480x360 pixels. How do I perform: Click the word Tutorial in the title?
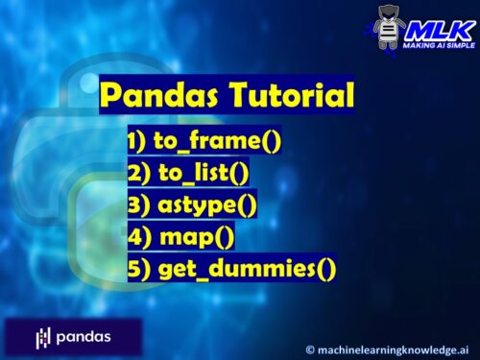coord(293,96)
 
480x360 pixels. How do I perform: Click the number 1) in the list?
coord(137,144)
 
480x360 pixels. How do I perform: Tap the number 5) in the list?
coord(137,267)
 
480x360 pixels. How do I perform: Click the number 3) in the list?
coord(137,205)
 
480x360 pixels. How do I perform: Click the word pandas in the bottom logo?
coord(83,337)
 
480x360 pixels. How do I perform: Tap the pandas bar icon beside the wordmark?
coord(42,337)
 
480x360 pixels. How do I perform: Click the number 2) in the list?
coord(137,175)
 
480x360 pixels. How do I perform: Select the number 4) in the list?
coord(137,236)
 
